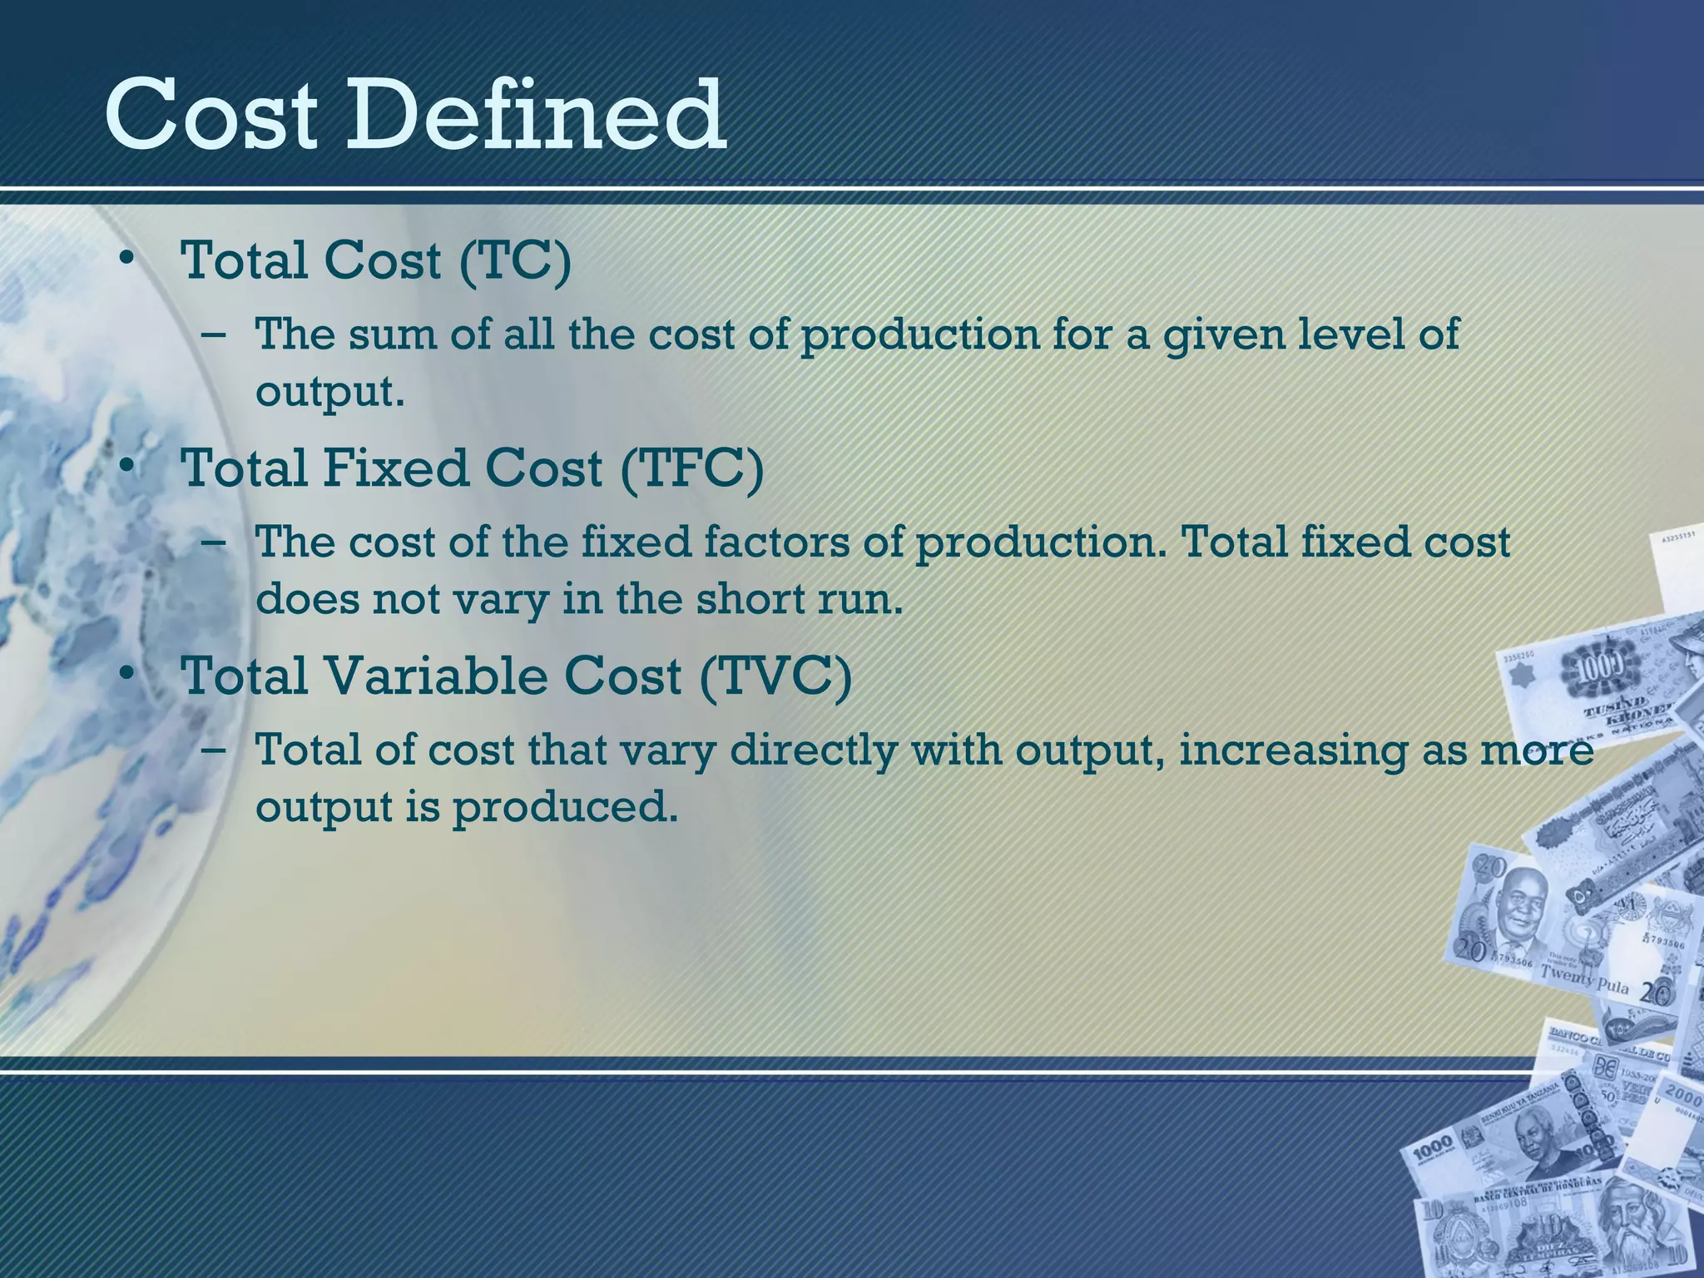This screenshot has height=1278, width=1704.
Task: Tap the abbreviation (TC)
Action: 515,260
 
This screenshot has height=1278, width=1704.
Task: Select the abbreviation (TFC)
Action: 691,468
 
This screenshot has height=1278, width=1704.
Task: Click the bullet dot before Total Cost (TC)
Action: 126,257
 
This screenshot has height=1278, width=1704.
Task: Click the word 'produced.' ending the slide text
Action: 565,807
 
